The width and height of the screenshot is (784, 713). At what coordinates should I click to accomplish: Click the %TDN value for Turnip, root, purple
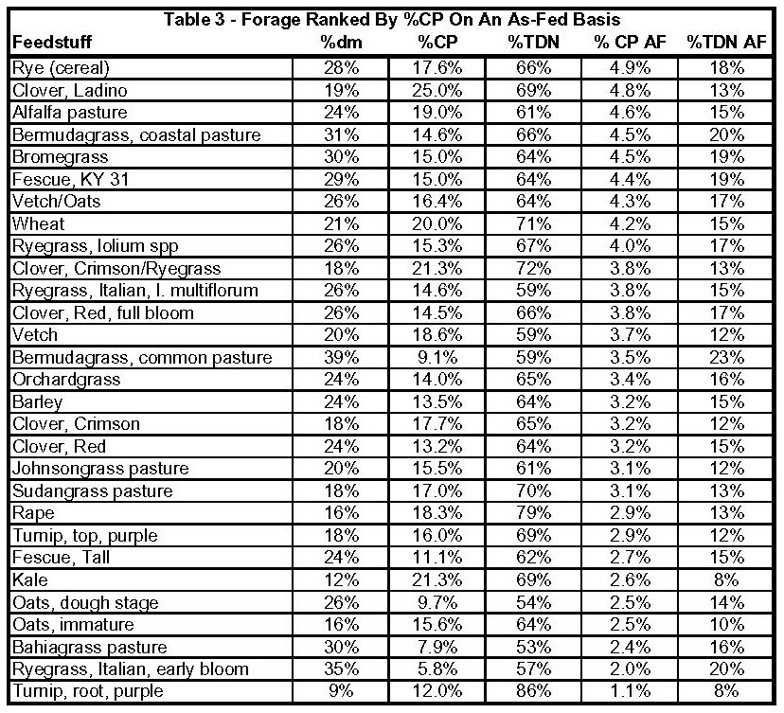click(531, 692)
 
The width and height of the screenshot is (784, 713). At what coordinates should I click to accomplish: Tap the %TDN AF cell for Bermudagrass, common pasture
click(725, 358)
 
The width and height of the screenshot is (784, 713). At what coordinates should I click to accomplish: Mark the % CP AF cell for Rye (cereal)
click(629, 69)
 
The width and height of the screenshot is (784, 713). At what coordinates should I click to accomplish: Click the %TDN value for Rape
click(531, 514)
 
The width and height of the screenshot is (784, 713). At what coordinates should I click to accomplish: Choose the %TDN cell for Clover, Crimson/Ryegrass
click(531, 269)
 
